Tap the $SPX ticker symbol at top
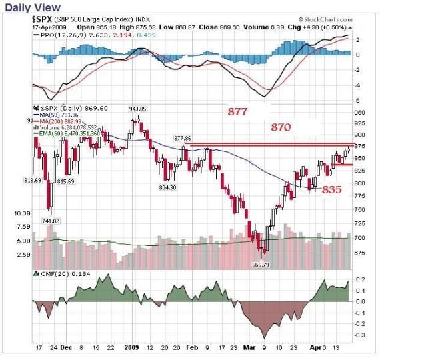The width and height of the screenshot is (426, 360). coord(44,20)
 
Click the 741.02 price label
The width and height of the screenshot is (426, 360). coord(51,221)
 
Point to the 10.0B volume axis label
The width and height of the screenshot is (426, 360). coord(23,214)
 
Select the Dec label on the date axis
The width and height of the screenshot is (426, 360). coord(66,348)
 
